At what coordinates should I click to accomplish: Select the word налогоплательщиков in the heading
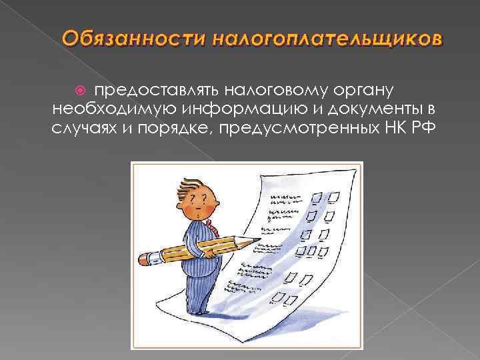327,39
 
